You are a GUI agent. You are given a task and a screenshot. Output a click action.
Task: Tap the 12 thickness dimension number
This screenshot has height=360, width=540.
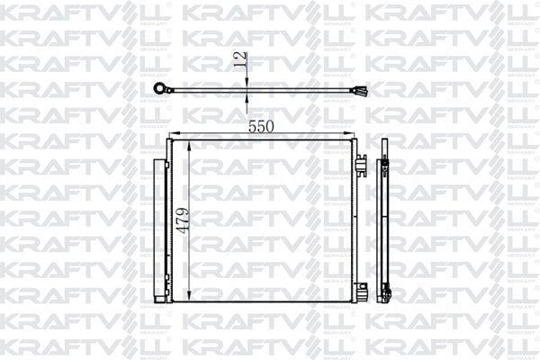pos(239,61)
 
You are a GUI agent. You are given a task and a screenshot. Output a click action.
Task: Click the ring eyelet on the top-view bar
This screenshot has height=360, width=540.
pos(163,87)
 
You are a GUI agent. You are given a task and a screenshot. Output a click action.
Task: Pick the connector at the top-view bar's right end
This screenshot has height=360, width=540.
pos(362,90)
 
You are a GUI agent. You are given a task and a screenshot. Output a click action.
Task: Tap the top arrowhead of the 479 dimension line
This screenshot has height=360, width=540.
pos(190,146)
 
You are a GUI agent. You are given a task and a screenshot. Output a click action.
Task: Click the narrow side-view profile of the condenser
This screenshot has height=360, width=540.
pos(384,225)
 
